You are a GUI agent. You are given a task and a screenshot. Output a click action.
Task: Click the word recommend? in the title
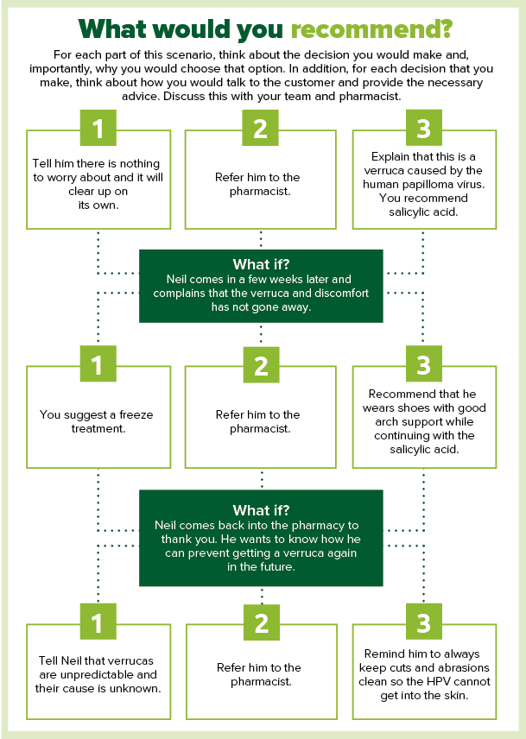(371, 29)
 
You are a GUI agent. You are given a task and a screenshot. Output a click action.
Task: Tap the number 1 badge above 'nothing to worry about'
(98, 129)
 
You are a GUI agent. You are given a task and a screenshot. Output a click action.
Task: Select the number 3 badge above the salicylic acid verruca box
(423, 129)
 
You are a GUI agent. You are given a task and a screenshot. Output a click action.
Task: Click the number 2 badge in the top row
(261, 129)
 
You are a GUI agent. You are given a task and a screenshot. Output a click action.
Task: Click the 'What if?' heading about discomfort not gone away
(261, 264)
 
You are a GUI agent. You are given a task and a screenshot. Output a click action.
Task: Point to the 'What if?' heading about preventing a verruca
(261, 510)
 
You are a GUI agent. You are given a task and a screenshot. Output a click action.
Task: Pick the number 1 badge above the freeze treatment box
(98, 365)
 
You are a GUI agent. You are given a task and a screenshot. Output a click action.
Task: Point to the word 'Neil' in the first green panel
(180, 279)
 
